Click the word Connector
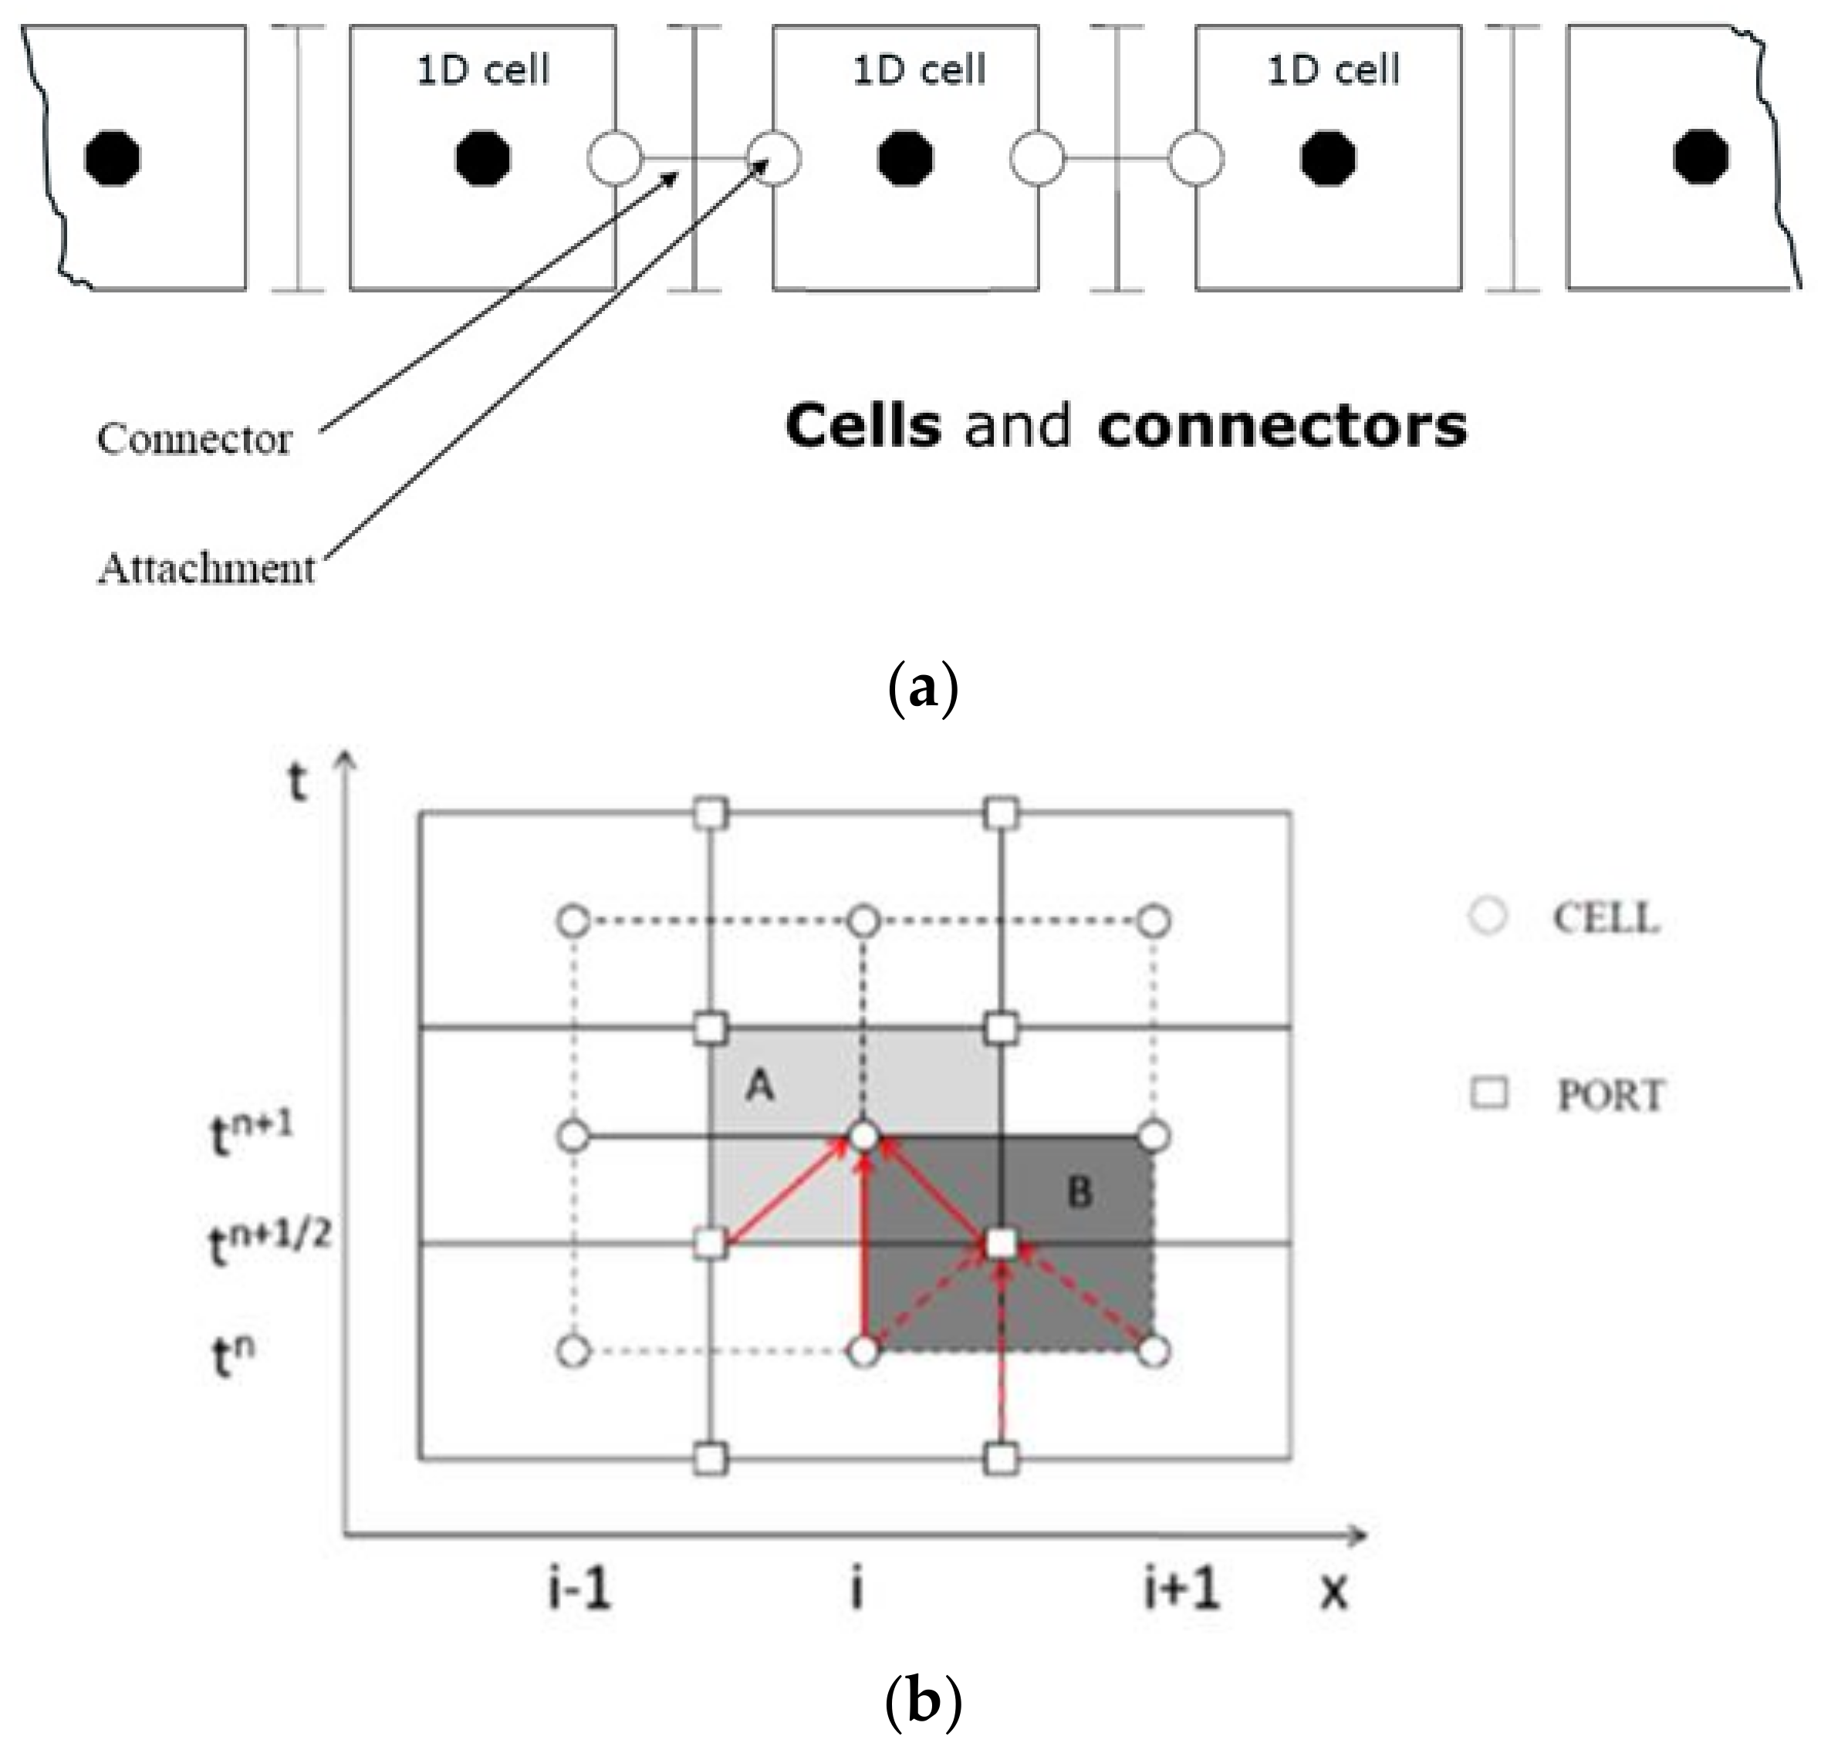pos(194,438)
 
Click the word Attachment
pos(206,569)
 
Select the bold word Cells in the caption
pos(862,427)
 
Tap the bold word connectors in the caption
pos(1282,427)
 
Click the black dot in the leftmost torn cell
pos(113,159)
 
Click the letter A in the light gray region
pos(760,1085)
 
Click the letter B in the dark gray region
pos(1079,1192)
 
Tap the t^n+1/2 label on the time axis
pos(268,1244)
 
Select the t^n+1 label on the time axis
pos(251,1135)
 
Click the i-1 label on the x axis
pos(578,1589)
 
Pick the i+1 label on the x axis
pos(1181,1589)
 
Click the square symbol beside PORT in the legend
pos(1489,1093)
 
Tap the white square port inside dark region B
pos(1001,1244)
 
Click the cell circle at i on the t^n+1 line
pos(864,1137)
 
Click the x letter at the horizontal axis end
pos(1333,1591)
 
